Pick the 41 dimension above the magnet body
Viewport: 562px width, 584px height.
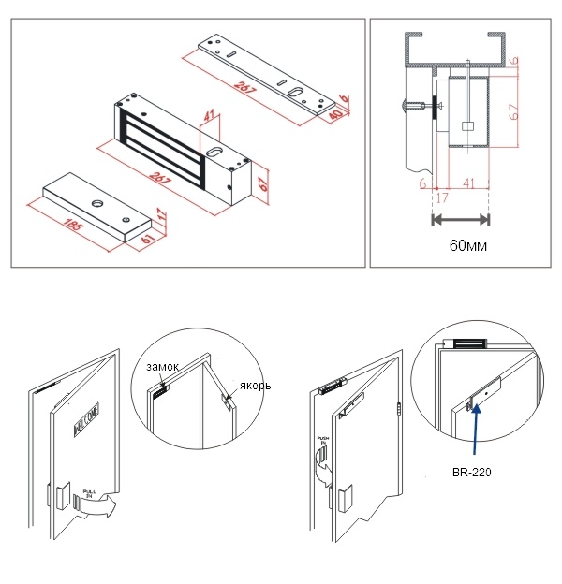point(209,120)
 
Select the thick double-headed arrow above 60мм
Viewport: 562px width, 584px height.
point(460,221)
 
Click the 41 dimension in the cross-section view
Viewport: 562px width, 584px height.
point(467,184)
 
